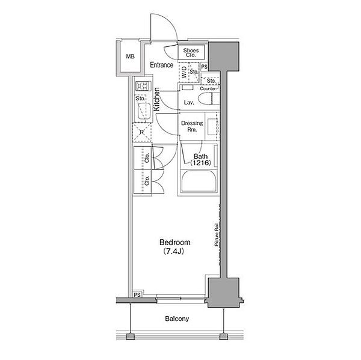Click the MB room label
pyautogui.click(x=131, y=56)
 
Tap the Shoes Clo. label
pyautogui.click(x=191, y=53)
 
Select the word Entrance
pyautogui.click(x=161, y=65)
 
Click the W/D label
pyautogui.click(x=184, y=72)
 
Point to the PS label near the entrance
pyautogui.click(x=204, y=67)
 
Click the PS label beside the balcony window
pyautogui.click(x=137, y=294)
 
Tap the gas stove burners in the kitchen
pyautogui.click(x=143, y=87)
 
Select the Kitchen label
pyautogui.click(x=157, y=99)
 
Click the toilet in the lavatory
pyautogui.click(x=209, y=99)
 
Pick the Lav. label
pyautogui.click(x=189, y=103)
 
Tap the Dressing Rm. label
pyautogui.click(x=192, y=126)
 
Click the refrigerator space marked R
pyautogui.click(x=142, y=132)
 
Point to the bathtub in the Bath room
pyautogui.click(x=199, y=180)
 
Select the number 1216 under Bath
pyautogui.click(x=200, y=163)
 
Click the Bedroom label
pyautogui.click(x=174, y=242)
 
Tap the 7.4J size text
pyautogui.click(x=173, y=251)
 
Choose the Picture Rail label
pyautogui.click(x=217, y=234)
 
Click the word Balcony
pyautogui.click(x=177, y=319)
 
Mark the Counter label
pyautogui.click(x=208, y=88)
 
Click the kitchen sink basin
pyautogui.click(x=144, y=111)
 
